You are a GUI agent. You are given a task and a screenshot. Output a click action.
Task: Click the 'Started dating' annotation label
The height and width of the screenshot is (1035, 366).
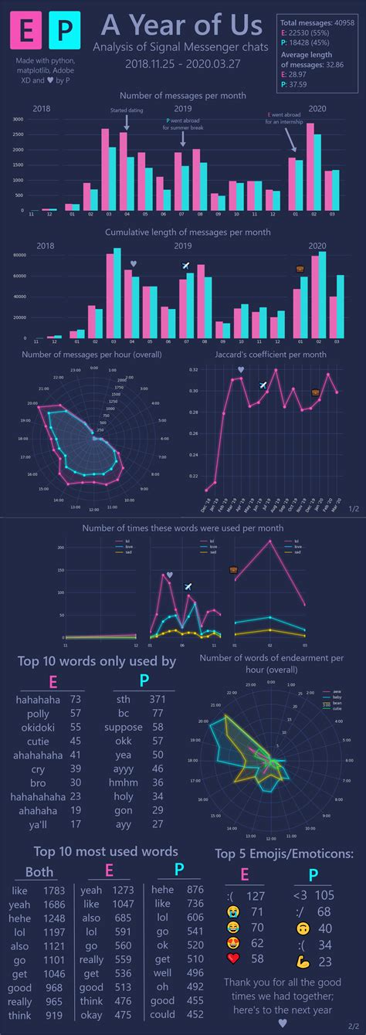pos(125,110)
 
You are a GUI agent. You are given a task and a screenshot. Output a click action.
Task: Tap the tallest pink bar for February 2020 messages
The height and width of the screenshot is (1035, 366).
pos(310,166)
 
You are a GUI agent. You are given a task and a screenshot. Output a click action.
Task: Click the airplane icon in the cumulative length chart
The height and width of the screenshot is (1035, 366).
pos(185,266)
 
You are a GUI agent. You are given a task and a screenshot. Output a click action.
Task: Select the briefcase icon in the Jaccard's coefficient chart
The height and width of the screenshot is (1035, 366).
pos(315,393)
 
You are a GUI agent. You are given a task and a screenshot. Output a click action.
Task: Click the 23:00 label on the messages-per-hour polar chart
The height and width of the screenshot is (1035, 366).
pos(76,370)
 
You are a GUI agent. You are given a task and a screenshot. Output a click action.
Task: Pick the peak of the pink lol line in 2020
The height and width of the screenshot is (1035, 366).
pos(270,541)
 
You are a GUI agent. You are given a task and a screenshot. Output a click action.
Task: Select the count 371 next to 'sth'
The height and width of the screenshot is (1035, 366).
pos(158,699)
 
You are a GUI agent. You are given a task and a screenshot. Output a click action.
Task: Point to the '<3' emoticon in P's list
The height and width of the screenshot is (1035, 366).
pos(300,895)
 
